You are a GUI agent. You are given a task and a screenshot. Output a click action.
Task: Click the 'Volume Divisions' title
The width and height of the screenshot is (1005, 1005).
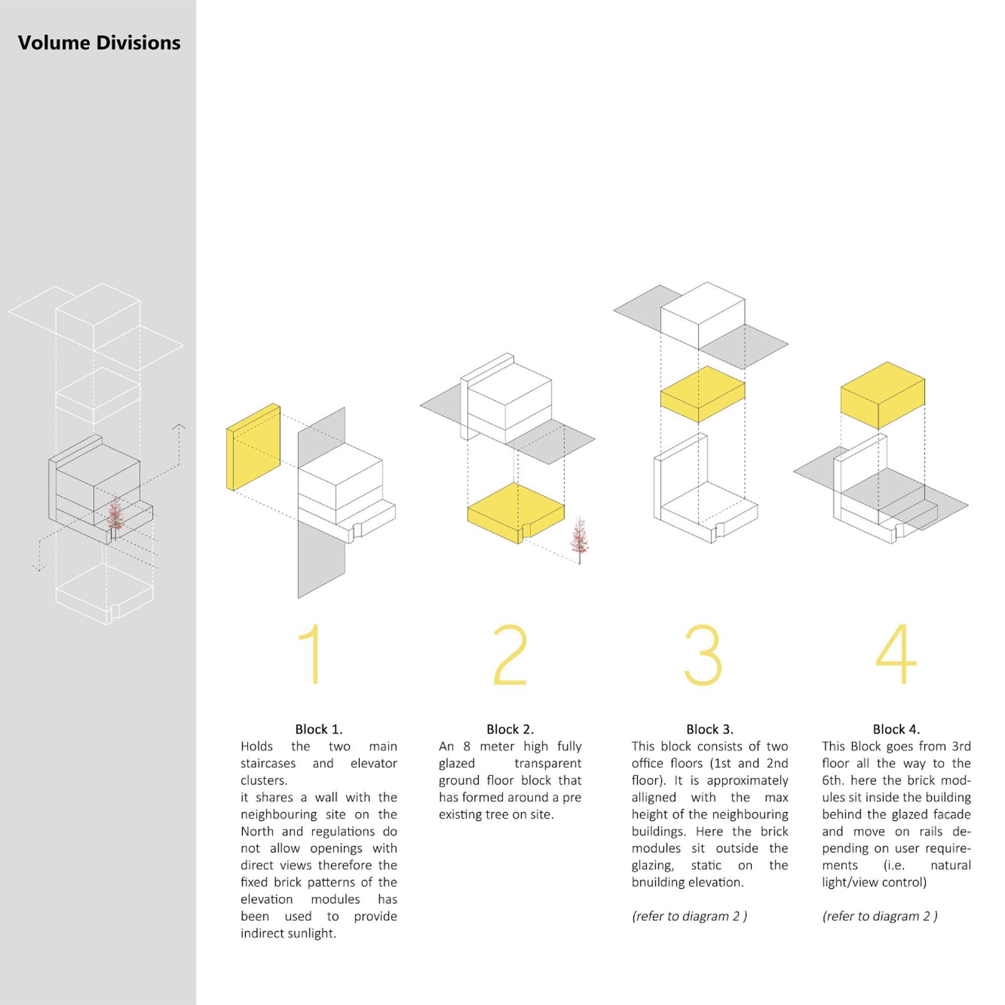(99, 43)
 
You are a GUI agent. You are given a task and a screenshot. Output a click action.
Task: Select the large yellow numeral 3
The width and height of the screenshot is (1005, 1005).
(703, 654)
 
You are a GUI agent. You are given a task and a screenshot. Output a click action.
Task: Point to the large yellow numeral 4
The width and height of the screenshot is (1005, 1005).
(896, 654)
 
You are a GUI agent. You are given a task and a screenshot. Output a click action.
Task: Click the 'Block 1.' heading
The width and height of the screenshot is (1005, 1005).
(319, 729)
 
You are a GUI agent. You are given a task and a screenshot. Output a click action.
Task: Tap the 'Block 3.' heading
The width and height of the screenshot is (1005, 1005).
(710, 729)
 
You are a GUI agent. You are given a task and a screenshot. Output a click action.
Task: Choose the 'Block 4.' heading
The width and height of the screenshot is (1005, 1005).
(896, 729)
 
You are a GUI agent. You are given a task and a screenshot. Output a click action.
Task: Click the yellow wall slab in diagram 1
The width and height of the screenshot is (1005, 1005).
(253, 447)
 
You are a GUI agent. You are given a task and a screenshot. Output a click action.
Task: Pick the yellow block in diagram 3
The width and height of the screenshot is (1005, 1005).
(703, 394)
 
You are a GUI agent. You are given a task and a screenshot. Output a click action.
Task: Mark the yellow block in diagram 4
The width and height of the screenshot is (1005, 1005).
(883, 395)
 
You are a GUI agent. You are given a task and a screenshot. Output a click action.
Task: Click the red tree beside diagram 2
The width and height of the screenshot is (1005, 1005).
(578, 539)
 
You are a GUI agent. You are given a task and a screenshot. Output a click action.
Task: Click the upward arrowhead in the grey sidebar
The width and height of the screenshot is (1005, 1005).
(179, 427)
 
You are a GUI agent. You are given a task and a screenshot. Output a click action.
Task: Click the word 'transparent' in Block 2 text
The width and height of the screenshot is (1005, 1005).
(548, 764)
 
